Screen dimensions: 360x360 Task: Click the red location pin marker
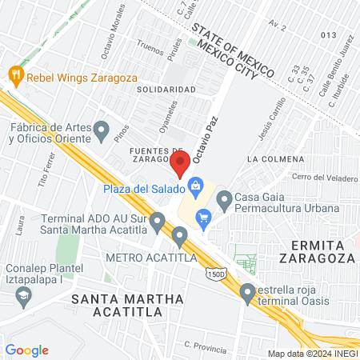click(x=179, y=164)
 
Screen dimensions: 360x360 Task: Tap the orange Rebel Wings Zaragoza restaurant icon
click(x=15, y=77)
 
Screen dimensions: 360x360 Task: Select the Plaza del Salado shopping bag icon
click(x=194, y=189)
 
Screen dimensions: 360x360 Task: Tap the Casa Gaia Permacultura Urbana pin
click(x=224, y=198)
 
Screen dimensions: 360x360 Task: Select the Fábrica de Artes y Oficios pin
click(x=101, y=128)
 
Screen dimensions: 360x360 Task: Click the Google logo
click(x=26, y=350)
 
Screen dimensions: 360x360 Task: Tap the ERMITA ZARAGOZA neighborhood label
click(x=318, y=251)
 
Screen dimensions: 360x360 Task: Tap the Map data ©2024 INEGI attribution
click(x=312, y=353)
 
